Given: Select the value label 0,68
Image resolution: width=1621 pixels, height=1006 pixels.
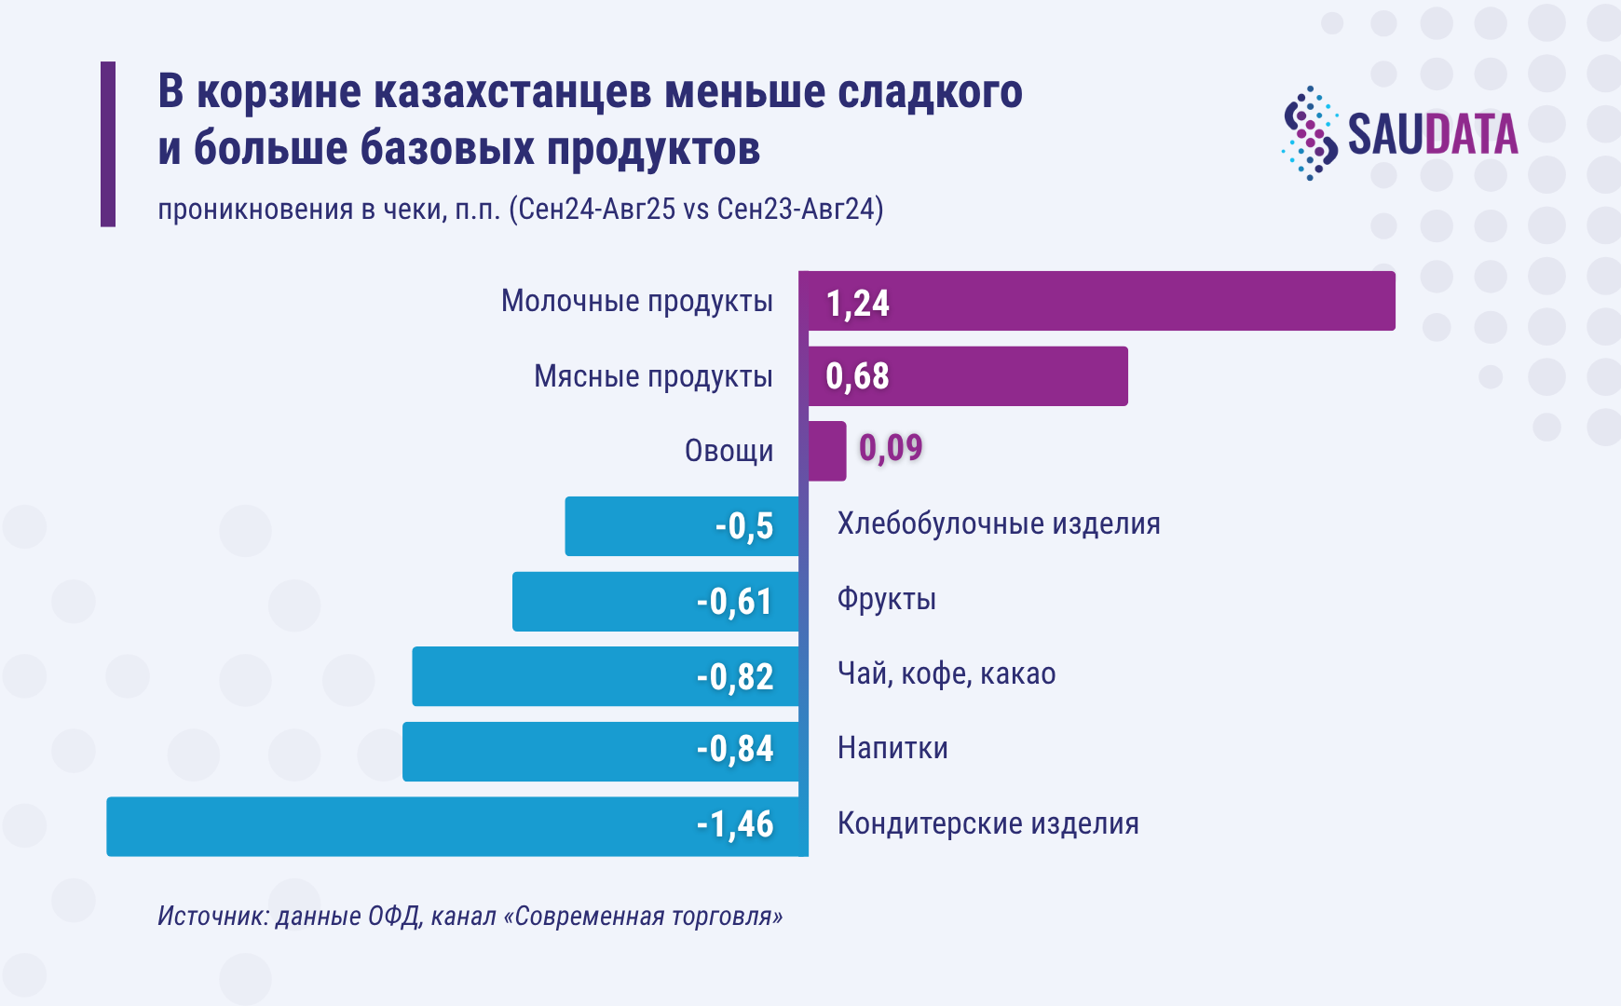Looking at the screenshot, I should click(x=857, y=376).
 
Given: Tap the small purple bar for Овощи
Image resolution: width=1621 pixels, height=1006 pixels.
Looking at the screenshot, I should click(x=827, y=451).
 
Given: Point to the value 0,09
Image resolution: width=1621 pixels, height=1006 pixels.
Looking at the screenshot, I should click(x=891, y=448).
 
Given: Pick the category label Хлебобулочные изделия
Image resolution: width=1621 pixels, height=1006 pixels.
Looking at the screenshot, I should click(x=999, y=523).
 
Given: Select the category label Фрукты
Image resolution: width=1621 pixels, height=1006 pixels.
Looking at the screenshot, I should click(x=886, y=599).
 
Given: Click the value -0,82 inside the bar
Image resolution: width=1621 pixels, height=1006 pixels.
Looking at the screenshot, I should click(x=735, y=676).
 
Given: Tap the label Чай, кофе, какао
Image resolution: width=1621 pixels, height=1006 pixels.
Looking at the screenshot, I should click(x=947, y=673).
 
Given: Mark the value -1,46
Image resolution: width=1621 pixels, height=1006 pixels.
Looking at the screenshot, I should click(x=735, y=824).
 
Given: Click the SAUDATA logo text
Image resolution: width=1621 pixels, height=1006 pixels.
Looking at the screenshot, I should click(x=1433, y=134).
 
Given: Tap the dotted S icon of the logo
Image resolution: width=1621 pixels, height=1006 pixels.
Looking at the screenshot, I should click(x=1310, y=133).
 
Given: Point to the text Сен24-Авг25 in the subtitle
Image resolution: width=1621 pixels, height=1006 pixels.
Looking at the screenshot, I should click(x=596, y=209).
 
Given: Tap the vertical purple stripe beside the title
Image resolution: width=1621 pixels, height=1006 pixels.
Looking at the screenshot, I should click(x=108, y=144).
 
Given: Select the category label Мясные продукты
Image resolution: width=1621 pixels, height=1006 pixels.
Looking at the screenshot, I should click(x=652, y=376).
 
